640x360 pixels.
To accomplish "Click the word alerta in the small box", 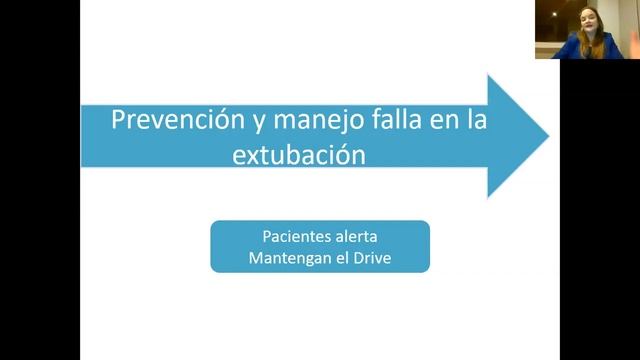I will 358,237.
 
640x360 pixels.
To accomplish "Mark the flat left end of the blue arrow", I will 83,136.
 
